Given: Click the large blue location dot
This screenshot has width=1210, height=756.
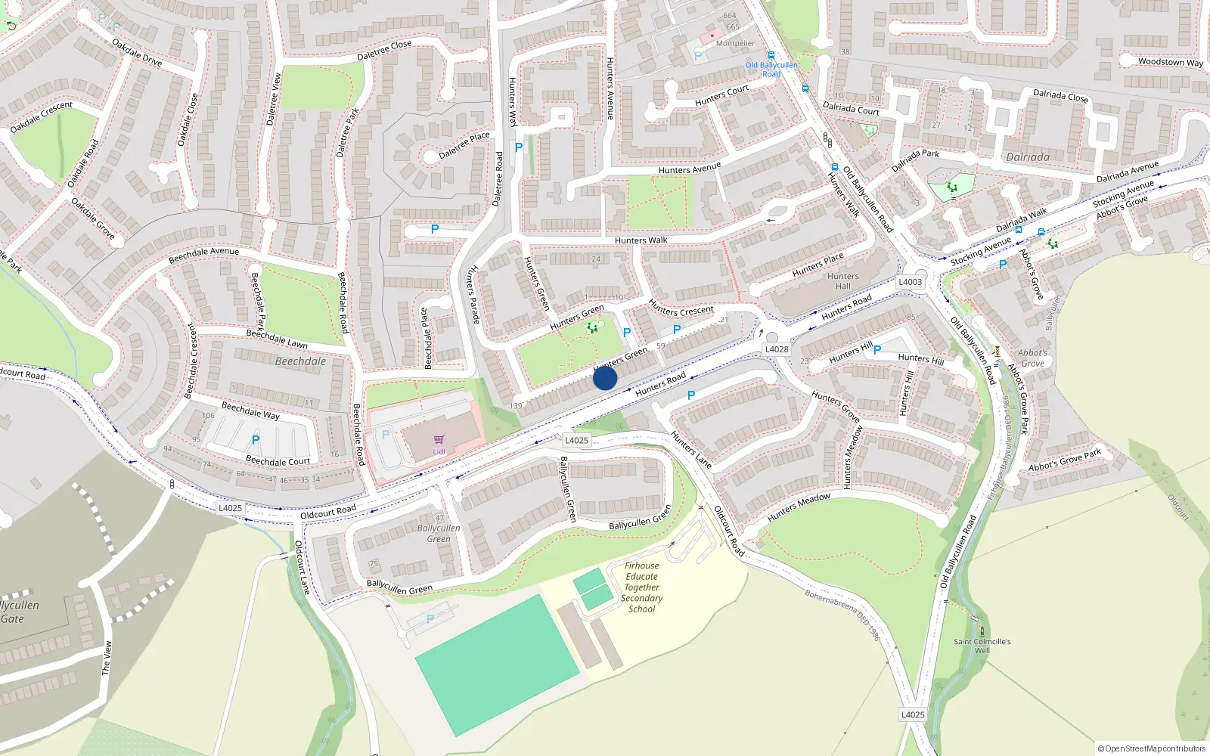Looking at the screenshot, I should [605, 378].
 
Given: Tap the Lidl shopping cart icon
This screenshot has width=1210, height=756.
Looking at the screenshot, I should [439, 440].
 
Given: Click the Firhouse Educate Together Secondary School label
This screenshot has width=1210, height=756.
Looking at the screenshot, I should [641, 587].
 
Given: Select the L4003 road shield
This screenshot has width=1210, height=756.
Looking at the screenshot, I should [911, 282].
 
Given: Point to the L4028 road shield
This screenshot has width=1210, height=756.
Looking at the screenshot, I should [777, 349].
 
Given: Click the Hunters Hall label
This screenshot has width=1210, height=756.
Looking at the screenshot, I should [842, 281].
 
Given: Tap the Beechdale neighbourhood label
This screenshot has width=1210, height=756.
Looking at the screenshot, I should [300, 361].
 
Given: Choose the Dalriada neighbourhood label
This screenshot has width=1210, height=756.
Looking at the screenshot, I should [1028, 157].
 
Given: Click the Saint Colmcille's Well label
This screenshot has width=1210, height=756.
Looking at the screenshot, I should [982, 646].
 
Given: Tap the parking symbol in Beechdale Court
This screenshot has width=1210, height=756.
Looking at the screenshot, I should [256, 440].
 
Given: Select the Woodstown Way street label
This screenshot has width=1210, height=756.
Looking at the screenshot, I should [1170, 62].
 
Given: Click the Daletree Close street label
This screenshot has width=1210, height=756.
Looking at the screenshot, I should [384, 50].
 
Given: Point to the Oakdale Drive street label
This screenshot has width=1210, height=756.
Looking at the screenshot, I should [137, 52].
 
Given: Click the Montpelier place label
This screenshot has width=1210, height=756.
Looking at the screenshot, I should [735, 43].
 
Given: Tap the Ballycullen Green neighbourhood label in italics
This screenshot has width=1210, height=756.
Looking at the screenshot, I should [439, 534].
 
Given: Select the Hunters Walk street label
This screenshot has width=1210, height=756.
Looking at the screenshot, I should [641, 240].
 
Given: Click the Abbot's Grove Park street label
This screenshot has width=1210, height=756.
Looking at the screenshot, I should [1064, 460].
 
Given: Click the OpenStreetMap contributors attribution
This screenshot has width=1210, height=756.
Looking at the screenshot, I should [1152, 748].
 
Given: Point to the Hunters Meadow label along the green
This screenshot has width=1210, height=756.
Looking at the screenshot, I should [799, 507].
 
